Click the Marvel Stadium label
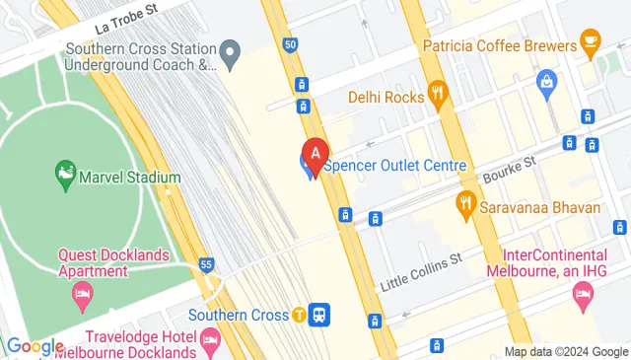point(133,178)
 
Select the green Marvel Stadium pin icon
point(66,175)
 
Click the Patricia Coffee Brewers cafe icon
point(591,40)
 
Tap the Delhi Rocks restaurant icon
point(439,96)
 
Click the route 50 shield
point(289,44)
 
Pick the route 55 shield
point(206,264)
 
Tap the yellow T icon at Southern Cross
point(298,315)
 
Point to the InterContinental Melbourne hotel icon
point(583,295)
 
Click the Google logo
point(35,346)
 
